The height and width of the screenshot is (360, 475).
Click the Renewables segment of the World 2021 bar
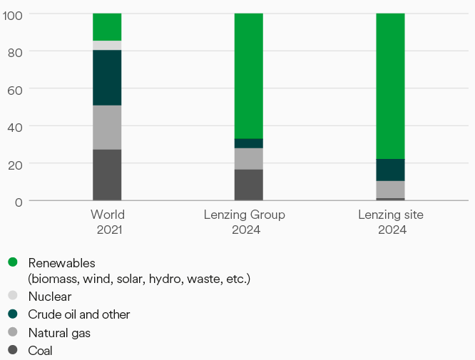(x=107, y=27)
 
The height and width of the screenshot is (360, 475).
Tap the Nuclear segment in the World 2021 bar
(x=107, y=46)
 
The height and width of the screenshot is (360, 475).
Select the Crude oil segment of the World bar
(x=107, y=78)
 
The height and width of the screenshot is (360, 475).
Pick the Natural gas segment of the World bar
(x=107, y=127)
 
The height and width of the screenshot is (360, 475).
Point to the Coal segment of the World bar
(x=107, y=175)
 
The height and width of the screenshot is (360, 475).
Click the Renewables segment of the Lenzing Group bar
(x=248, y=76)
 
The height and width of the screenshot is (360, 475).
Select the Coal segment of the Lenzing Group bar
(x=248, y=185)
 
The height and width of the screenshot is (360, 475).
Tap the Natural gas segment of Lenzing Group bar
(x=248, y=158)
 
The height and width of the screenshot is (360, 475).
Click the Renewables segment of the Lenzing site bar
(x=390, y=86)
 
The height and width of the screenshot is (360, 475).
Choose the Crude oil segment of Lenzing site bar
(x=390, y=170)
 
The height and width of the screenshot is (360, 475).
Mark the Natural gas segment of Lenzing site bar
(x=390, y=189)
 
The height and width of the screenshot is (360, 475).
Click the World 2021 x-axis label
(x=107, y=222)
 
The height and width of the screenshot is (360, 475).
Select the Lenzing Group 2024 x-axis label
(x=244, y=222)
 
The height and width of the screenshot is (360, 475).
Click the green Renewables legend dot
(x=13, y=262)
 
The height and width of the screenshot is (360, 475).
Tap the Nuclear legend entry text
(x=49, y=296)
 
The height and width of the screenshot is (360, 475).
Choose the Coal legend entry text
(x=40, y=350)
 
